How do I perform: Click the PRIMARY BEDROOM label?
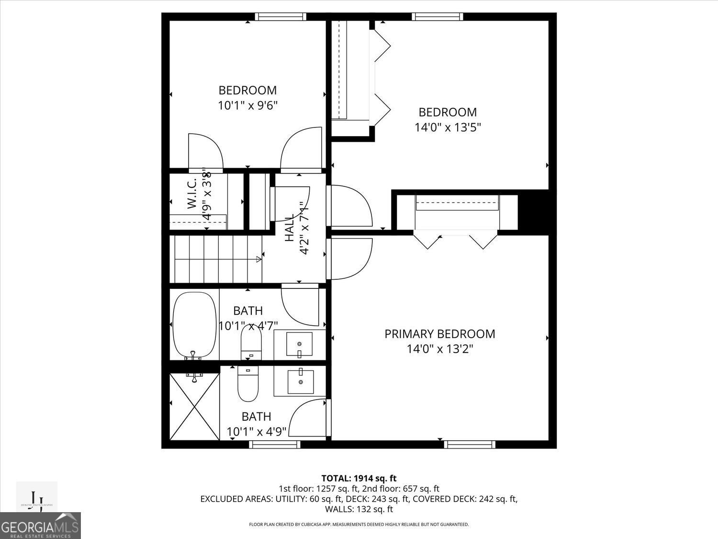tap(439, 334)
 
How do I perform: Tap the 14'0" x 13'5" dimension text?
tap(447, 127)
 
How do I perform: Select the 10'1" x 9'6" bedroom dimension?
tap(247, 105)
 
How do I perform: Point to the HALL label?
tap(290, 229)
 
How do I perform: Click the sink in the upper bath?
tap(299, 344)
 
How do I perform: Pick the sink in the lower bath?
tap(301, 382)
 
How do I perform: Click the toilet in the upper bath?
tap(251, 342)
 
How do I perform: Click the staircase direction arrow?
tap(259, 260)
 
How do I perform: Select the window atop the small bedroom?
tap(280, 17)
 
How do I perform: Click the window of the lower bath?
tap(275, 444)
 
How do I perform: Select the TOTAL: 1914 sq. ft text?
tap(359, 478)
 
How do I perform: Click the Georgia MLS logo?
tap(40, 525)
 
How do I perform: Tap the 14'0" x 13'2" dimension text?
tap(439, 349)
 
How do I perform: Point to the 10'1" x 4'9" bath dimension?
tap(257, 432)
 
